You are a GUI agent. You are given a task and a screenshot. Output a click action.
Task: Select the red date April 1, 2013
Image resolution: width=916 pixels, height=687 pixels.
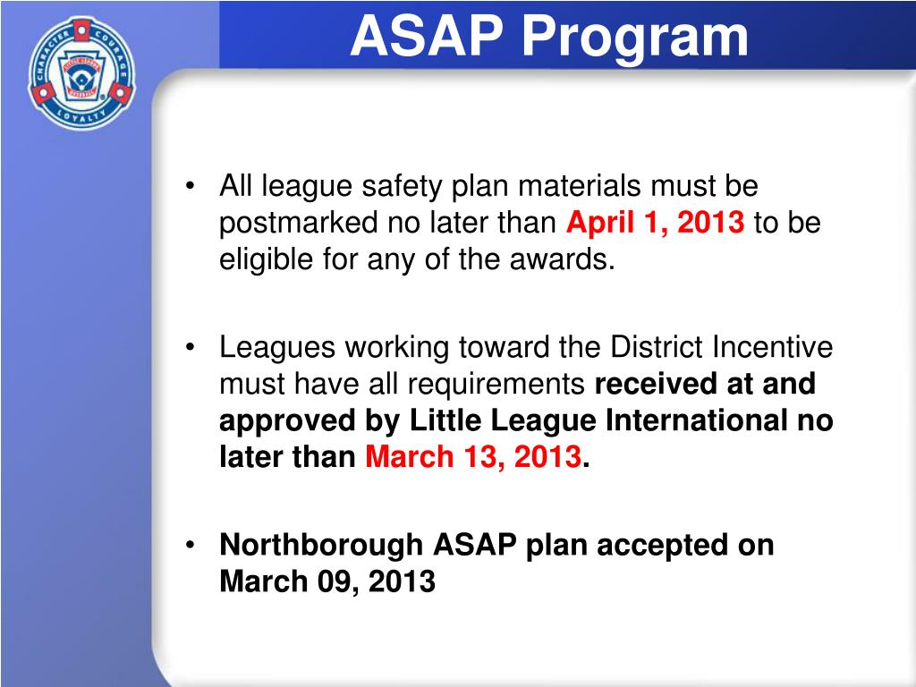(x=656, y=223)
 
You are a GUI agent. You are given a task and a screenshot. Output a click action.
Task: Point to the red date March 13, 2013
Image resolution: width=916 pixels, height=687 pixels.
(x=474, y=457)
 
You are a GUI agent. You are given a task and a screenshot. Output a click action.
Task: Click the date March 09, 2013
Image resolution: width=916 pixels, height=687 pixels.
(x=327, y=581)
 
